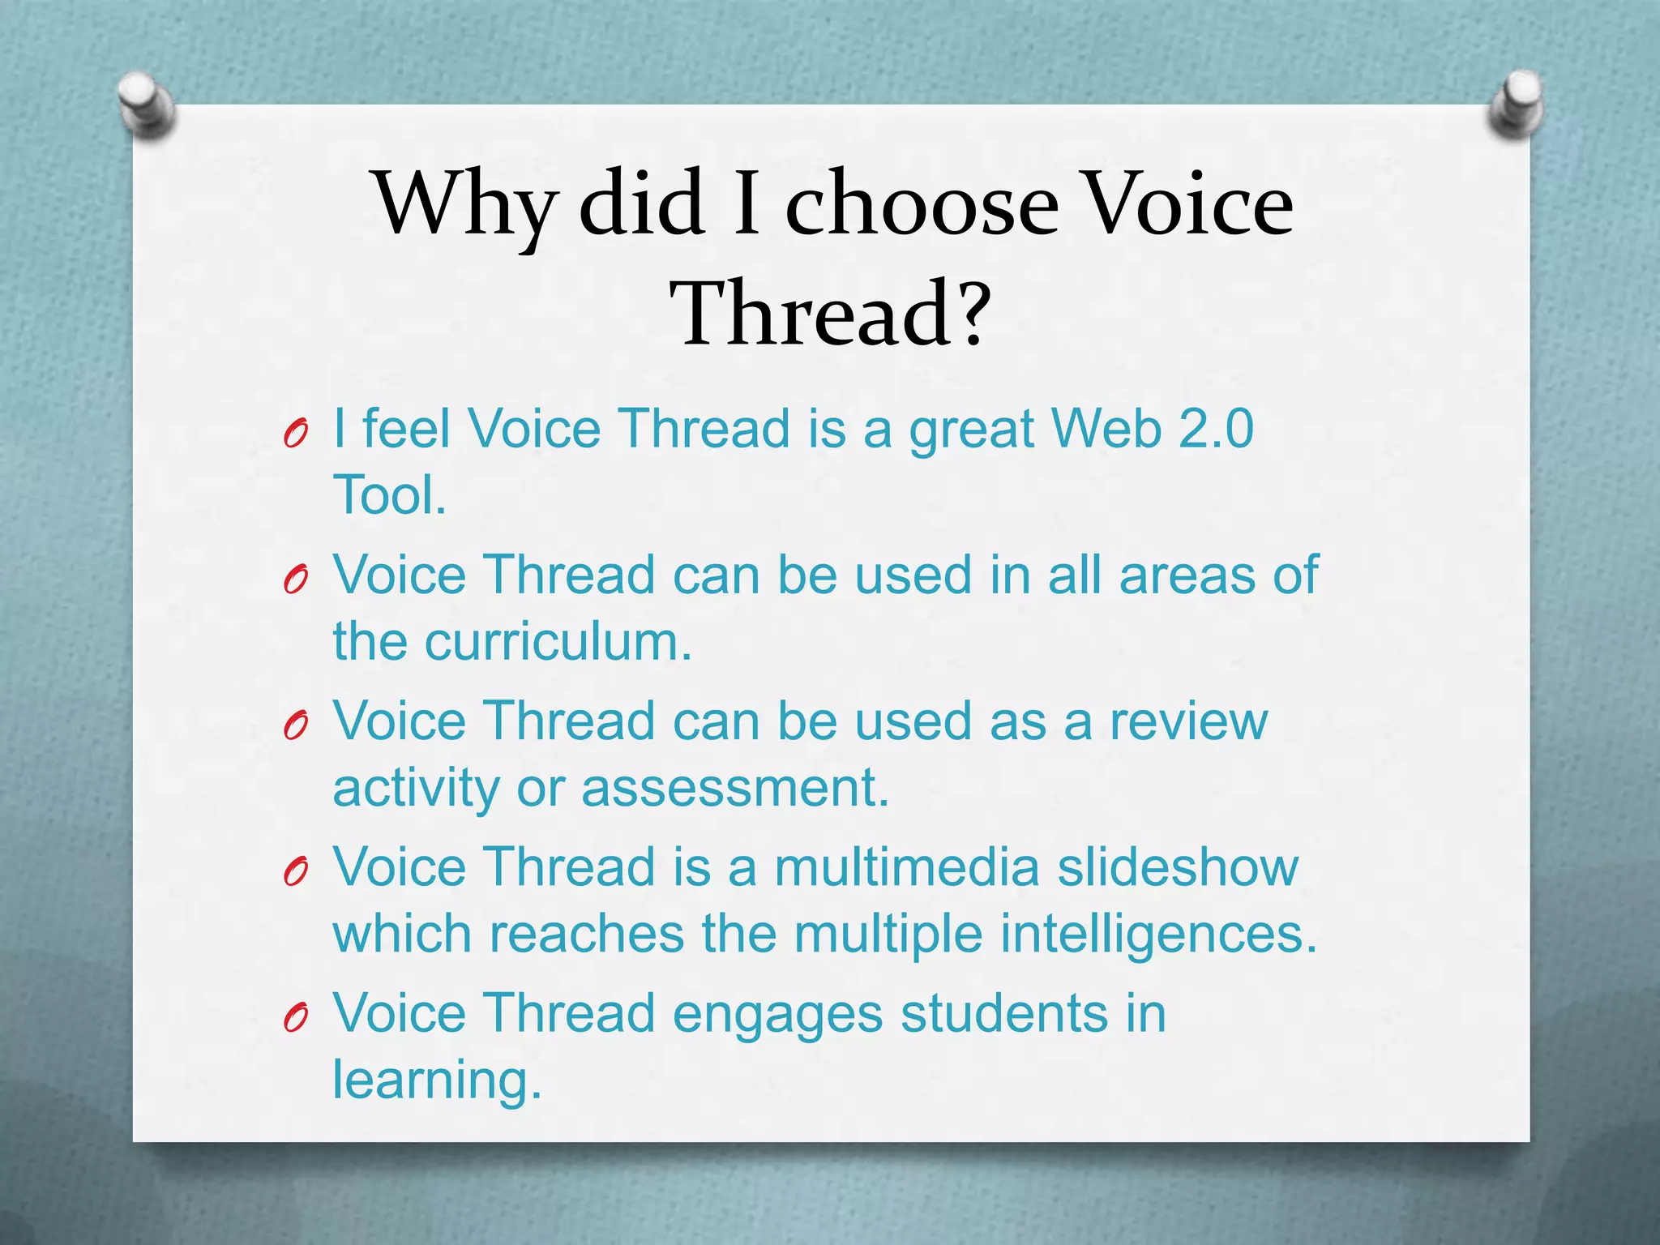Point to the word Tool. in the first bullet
tap(389, 494)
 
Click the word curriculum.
tap(558, 641)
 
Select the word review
tap(1188, 721)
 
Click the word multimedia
tap(906, 866)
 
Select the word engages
tap(777, 1015)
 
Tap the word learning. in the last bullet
tap(437, 1080)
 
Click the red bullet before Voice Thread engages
tap(295, 1019)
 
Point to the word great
tap(970, 430)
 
